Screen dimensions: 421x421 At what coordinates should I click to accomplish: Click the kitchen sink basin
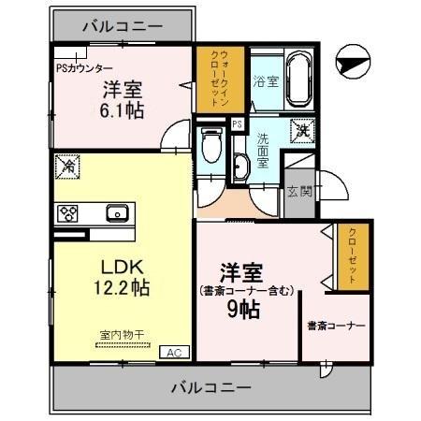[x=118, y=212]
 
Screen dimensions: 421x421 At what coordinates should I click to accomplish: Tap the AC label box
[x=173, y=352]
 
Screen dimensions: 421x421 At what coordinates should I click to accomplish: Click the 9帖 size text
[x=245, y=308]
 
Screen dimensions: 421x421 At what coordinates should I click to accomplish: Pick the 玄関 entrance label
[x=299, y=192]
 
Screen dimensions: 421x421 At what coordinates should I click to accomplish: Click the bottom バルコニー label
[x=210, y=386]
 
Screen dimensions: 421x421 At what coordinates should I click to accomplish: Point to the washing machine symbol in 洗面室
[x=302, y=133]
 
